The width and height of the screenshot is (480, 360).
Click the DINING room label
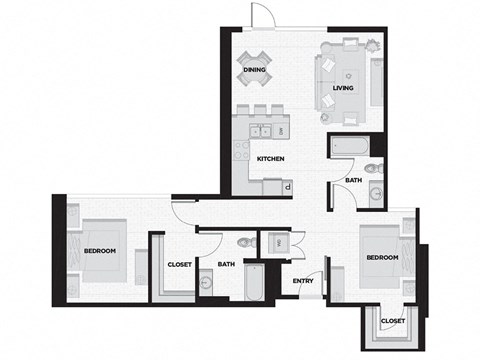point(253,70)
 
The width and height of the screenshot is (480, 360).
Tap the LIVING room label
point(344,88)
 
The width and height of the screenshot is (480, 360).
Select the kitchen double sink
point(263,129)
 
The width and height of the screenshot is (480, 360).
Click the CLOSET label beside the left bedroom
point(179,264)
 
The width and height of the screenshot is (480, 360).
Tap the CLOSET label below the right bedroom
point(392,320)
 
